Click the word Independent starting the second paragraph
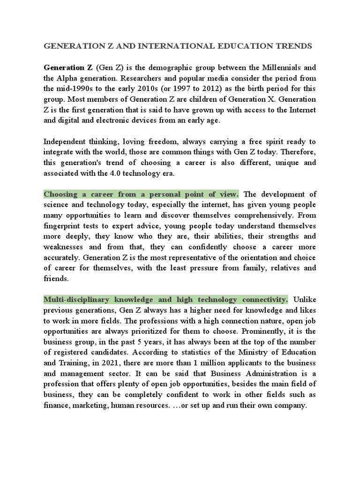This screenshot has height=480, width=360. tap(69, 141)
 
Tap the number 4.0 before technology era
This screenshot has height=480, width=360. tap(124, 173)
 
